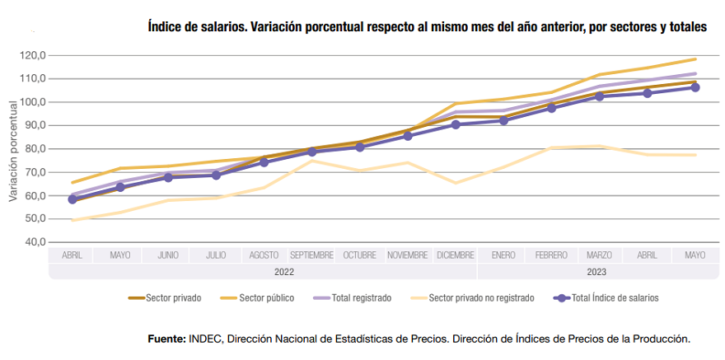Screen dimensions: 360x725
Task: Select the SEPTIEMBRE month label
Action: [x=311, y=255]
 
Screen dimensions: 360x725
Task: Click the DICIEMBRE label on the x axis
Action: [x=455, y=255]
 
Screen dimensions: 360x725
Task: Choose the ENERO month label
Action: [x=503, y=255]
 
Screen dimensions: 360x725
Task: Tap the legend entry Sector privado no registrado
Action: [x=481, y=298]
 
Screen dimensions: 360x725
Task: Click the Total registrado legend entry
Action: [x=361, y=298]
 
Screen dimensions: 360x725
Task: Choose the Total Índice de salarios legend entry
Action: [x=615, y=298]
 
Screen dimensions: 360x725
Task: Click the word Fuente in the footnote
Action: [x=166, y=339]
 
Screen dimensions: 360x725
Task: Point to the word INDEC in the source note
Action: [x=206, y=339]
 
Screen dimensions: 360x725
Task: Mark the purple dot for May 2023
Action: [x=695, y=87]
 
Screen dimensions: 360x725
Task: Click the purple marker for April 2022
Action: [x=72, y=199]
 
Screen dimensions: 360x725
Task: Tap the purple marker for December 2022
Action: [x=456, y=124]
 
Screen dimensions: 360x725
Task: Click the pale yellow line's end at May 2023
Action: [x=695, y=155]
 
